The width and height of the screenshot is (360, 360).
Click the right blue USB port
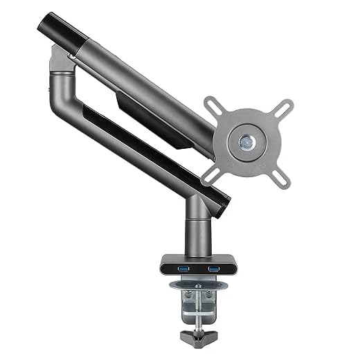213,267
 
